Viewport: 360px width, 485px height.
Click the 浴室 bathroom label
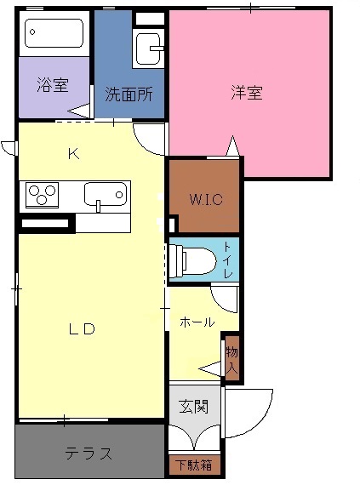point(53,85)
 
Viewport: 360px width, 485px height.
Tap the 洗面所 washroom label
point(129,94)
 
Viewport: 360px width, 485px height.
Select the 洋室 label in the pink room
point(247,92)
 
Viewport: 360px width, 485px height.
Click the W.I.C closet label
point(206,199)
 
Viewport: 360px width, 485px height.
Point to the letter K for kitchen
point(74,153)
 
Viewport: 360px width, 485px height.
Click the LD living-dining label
point(82,329)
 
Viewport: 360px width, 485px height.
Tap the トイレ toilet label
point(227,260)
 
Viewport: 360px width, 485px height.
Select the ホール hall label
point(197,322)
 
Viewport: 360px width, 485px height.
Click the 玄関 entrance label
point(194,406)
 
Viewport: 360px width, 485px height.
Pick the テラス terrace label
point(89,454)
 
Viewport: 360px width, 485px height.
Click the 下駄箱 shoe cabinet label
point(194,465)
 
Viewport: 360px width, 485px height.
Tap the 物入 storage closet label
point(231,360)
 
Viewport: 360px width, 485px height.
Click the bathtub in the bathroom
point(54,33)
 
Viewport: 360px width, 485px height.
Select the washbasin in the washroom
point(149,48)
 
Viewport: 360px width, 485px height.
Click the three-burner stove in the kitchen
point(42,195)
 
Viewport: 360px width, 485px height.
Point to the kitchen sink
point(106,194)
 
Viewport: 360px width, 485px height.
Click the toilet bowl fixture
point(192,260)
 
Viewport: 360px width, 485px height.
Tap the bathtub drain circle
point(31,31)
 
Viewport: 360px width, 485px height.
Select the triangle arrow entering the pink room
point(232,145)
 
